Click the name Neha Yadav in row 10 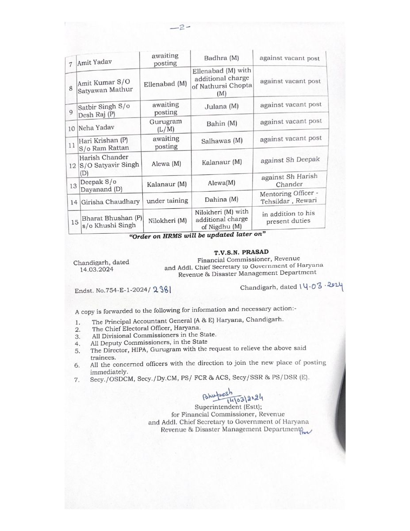coord(95,128)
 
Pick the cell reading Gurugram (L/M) coord(165,124)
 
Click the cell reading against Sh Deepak coord(290,160)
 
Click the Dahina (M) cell coord(222,200)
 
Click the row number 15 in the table coord(75,221)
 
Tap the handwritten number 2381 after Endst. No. coord(161,290)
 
